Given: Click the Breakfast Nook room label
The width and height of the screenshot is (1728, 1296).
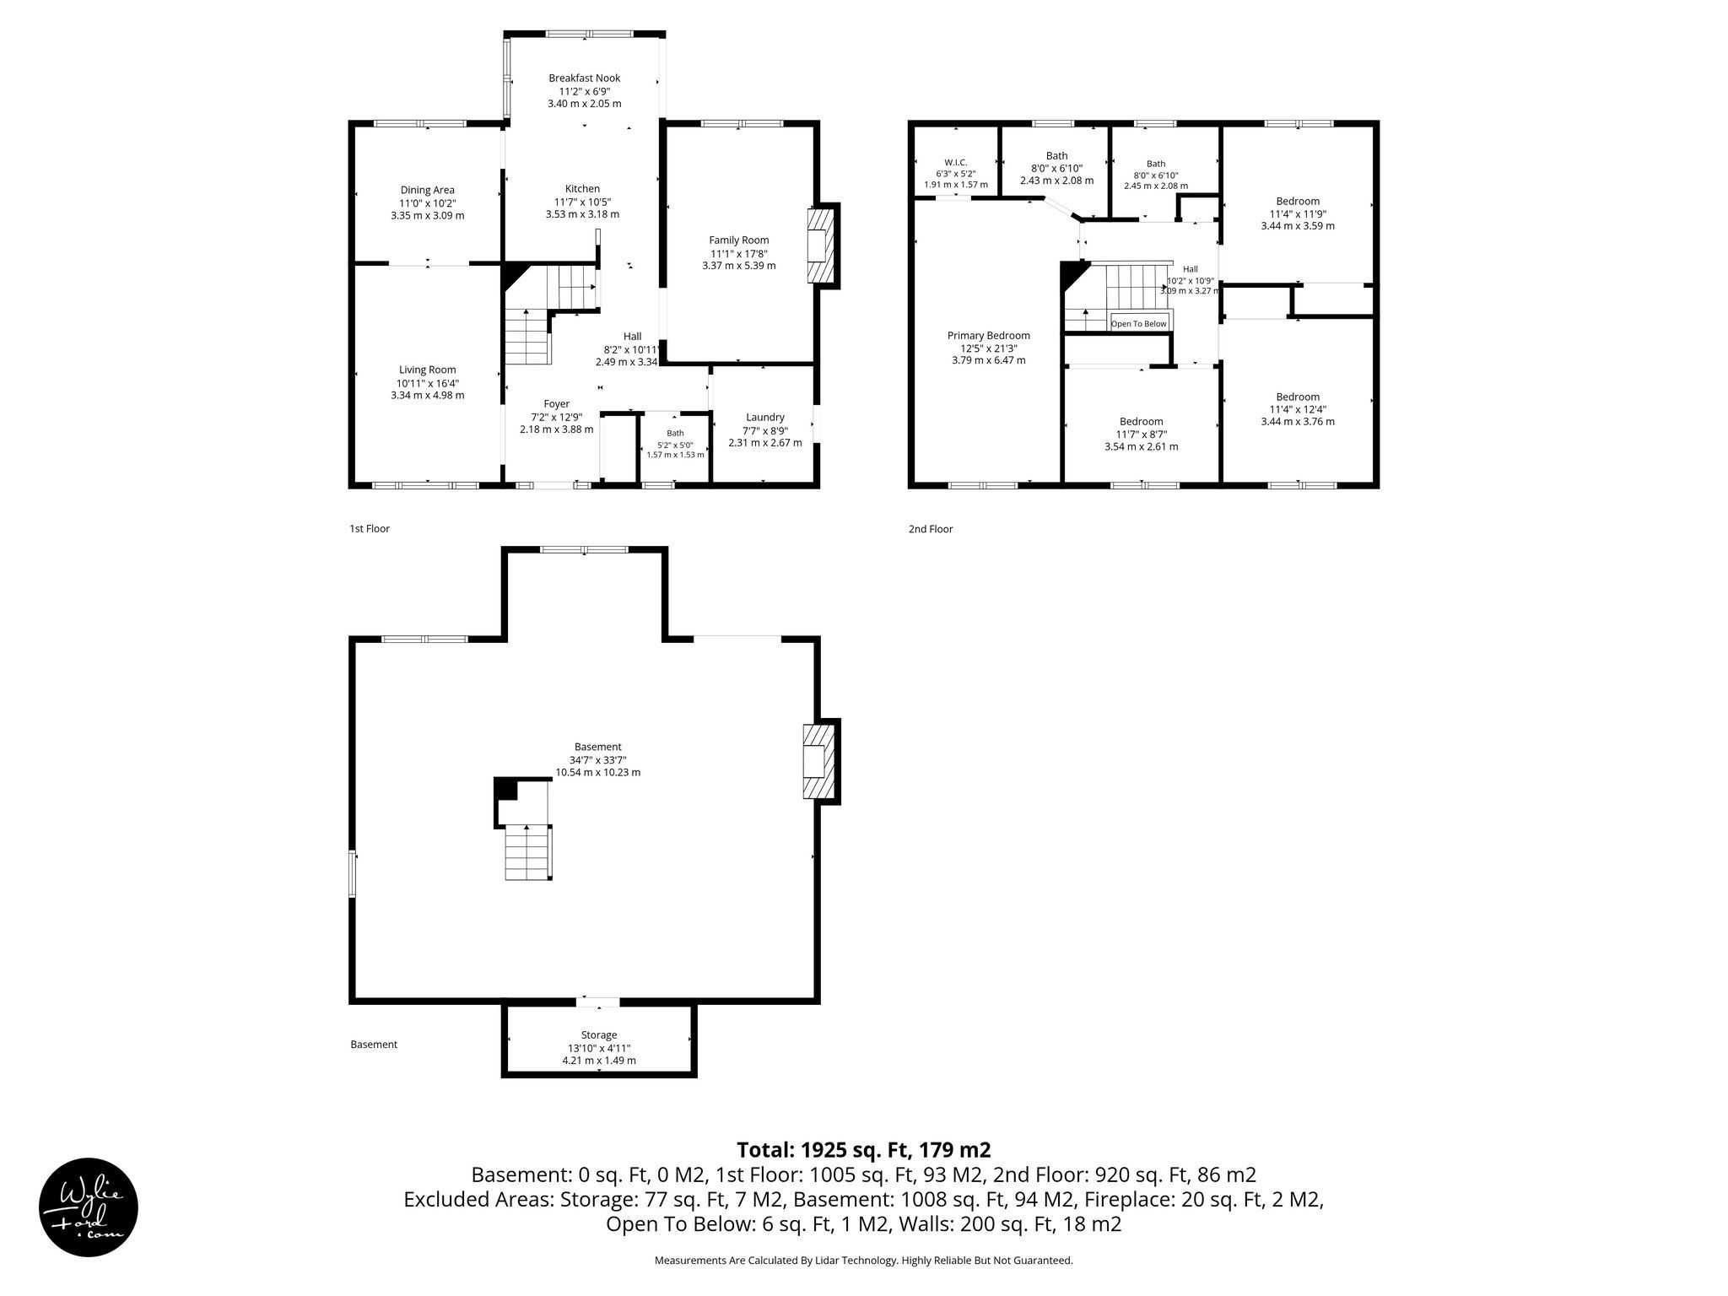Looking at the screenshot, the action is pos(584,78).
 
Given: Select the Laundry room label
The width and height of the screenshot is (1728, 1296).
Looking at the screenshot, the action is pos(765,417).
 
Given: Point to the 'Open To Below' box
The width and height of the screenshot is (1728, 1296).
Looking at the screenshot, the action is pos(1139,323).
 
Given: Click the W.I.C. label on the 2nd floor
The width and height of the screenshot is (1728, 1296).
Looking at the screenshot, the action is pos(955,162).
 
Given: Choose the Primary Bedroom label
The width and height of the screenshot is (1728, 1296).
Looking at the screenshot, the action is pos(988,336).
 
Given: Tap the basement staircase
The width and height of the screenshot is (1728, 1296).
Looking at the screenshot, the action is pos(528,852).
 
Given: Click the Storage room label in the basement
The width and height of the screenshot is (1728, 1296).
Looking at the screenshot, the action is pos(599,1035).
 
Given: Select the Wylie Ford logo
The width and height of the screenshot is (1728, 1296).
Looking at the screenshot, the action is pos(89,1207).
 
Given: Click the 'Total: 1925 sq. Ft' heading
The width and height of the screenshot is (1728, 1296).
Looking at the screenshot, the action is pos(863,1150).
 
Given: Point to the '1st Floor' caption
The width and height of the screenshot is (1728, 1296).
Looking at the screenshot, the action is pos(370,529).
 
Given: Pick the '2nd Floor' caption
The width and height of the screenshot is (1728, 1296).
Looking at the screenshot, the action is pos(931,529).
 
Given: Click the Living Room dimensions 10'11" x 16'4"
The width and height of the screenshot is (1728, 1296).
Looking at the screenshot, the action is pos(428,383).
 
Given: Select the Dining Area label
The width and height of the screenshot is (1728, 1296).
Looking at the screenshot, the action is pos(427,190).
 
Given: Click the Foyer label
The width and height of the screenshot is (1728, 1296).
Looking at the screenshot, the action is pos(556,404).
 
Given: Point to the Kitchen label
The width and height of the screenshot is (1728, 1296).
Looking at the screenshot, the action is pos(582,189).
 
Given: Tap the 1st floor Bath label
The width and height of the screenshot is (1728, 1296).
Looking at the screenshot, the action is pos(675,433).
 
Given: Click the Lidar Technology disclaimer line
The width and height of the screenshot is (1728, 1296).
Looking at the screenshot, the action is pos(864,1261).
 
